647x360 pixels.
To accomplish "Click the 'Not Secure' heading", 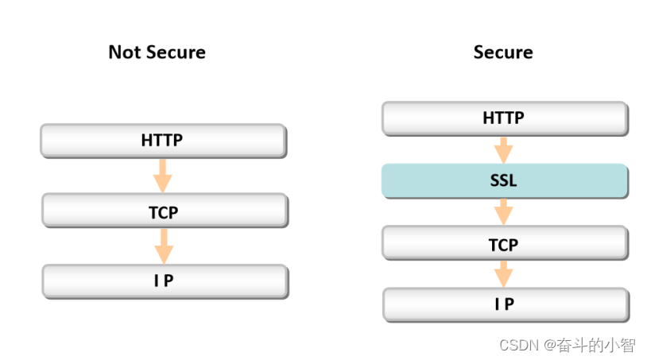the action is click(157, 52).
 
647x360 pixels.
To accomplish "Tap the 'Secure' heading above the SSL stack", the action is click(503, 52).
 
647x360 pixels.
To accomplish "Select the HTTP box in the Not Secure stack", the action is click(164, 141).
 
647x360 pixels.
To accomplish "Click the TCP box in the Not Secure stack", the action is click(165, 211).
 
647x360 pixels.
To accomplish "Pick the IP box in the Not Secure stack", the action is click(165, 281).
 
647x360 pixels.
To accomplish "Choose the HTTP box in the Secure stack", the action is click(505, 118).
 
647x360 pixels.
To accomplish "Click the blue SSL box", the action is click(505, 181).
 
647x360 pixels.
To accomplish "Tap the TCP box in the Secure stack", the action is click(505, 243).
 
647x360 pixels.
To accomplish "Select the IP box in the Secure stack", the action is click(506, 305).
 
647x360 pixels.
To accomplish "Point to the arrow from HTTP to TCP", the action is click(163, 176).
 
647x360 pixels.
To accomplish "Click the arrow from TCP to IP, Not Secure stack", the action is click(164, 246).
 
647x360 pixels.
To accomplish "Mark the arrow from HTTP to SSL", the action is click(503, 150).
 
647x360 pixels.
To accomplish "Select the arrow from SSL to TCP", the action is click(503, 212).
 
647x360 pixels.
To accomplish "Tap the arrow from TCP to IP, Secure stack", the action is click(503, 274).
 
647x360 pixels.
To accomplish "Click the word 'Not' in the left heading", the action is click(125, 52).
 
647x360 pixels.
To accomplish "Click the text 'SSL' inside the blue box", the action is click(503, 180).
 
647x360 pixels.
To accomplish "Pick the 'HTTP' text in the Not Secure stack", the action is click(162, 140).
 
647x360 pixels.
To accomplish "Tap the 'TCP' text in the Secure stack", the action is click(503, 245).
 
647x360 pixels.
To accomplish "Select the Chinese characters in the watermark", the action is click(596, 345).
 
